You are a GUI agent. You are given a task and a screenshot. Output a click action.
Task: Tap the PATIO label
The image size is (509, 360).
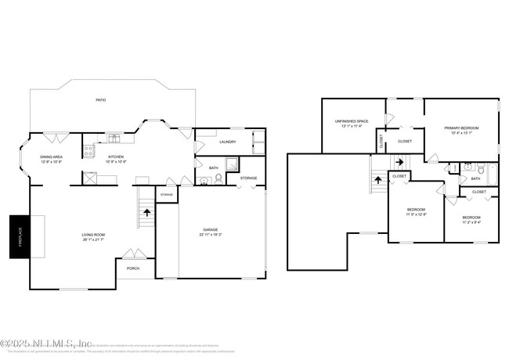100,100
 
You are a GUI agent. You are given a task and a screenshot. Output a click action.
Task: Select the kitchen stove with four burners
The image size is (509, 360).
88,149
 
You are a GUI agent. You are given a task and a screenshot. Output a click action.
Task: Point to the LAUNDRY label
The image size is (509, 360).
228,142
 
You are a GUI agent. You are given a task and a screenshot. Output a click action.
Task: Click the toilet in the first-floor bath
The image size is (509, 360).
218,178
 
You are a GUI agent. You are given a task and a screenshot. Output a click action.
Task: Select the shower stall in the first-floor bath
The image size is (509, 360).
232,164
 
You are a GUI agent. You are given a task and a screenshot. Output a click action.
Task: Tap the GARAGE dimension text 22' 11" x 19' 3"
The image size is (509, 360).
210,235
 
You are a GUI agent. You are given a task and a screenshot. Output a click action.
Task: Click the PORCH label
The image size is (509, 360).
133,268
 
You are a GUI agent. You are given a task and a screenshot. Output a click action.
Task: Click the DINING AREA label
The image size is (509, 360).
52,157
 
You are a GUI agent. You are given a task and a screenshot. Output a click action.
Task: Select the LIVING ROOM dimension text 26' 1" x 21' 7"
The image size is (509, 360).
93,239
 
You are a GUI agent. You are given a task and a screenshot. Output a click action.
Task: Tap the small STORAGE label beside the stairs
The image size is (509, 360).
167,194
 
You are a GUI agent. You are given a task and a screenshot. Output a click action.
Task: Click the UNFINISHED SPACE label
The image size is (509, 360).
352,121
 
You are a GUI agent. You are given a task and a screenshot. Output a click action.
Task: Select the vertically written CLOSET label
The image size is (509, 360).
381,142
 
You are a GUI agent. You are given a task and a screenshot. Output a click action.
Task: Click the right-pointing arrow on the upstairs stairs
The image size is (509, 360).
399,162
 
